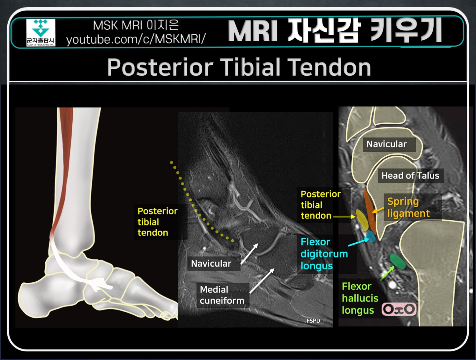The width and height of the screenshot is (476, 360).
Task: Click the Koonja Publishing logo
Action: coord(41,32)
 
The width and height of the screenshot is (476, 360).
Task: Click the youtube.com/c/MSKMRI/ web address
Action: coord(136,39)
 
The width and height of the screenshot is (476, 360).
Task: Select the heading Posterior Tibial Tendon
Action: coord(239,67)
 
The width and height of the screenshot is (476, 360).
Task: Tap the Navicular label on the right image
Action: coord(386,144)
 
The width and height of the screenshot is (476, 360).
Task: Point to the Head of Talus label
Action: coord(410,176)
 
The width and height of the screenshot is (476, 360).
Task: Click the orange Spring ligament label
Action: coord(408,207)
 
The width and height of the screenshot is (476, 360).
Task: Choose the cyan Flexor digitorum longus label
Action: coord(324,254)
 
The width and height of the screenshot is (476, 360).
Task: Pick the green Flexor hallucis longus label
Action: coord(360,298)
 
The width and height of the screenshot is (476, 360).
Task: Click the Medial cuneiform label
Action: coord(222,295)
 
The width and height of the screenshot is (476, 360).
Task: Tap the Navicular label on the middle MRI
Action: coord(211,263)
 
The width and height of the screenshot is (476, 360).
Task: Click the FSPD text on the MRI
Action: coord(313,321)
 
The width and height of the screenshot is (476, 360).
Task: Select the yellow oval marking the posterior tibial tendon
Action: coord(362,220)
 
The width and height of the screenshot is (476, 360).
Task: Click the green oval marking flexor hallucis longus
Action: coord(397,261)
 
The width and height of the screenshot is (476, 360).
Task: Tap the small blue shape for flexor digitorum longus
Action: coord(371,236)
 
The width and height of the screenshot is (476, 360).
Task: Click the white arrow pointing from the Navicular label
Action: coord(250,254)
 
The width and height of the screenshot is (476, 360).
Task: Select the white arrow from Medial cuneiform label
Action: coord(262,281)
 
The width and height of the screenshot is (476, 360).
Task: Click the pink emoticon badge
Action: coord(399,309)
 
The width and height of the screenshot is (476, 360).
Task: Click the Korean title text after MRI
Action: coord(365,31)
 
